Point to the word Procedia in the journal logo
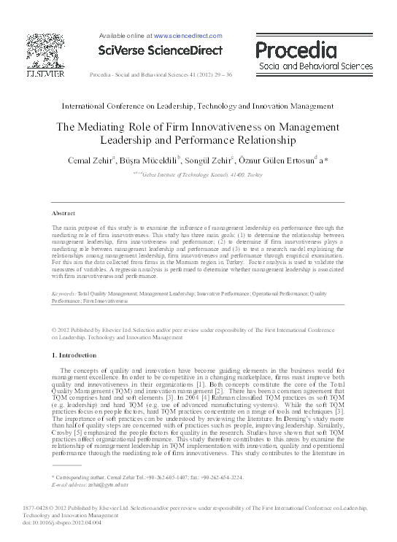[296, 50]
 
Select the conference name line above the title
[198, 107]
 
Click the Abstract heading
[63, 213]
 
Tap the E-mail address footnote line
[87, 484]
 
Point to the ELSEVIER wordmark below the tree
[42, 74]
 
